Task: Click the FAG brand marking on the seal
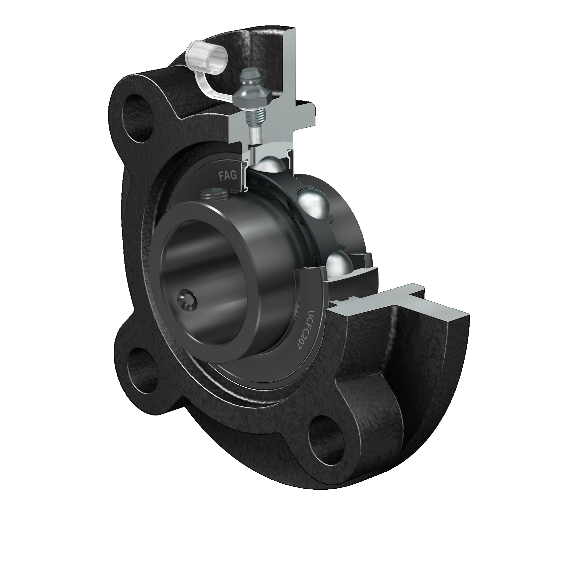[227, 175]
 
